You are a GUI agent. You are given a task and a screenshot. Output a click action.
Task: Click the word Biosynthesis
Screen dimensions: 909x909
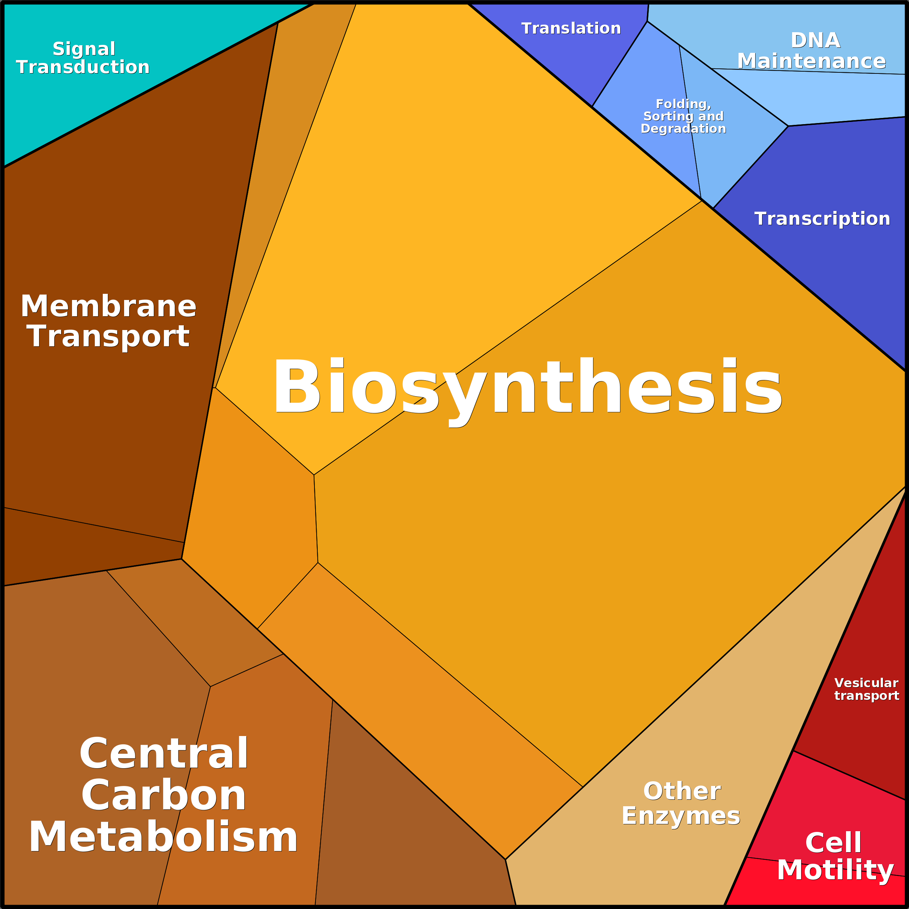tap(527, 387)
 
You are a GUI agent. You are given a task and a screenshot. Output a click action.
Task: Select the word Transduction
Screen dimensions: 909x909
tap(83, 67)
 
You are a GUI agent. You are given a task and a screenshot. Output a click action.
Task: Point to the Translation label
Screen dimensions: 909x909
tap(571, 28)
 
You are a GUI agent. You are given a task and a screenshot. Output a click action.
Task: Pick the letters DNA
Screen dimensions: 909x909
tap(815, 41)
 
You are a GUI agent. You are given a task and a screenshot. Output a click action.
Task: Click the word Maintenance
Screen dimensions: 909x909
tap(811, 61)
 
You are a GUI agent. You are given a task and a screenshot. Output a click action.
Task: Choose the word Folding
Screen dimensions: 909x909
tap(683, 104)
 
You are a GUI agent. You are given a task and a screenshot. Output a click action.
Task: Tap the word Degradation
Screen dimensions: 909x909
tap(683, 128)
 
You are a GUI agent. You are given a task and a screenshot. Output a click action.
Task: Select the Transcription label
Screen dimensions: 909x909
tap(822, 219)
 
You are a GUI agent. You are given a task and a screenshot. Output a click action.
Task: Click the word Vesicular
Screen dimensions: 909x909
tap(866, 683)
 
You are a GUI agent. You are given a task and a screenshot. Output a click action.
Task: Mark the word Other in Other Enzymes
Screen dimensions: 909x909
tap(682, 791)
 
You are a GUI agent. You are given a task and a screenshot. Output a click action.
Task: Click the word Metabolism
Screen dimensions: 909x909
tap(163, 837)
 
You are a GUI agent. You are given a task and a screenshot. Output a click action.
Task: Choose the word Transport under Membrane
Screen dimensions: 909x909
tap(108, 337)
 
